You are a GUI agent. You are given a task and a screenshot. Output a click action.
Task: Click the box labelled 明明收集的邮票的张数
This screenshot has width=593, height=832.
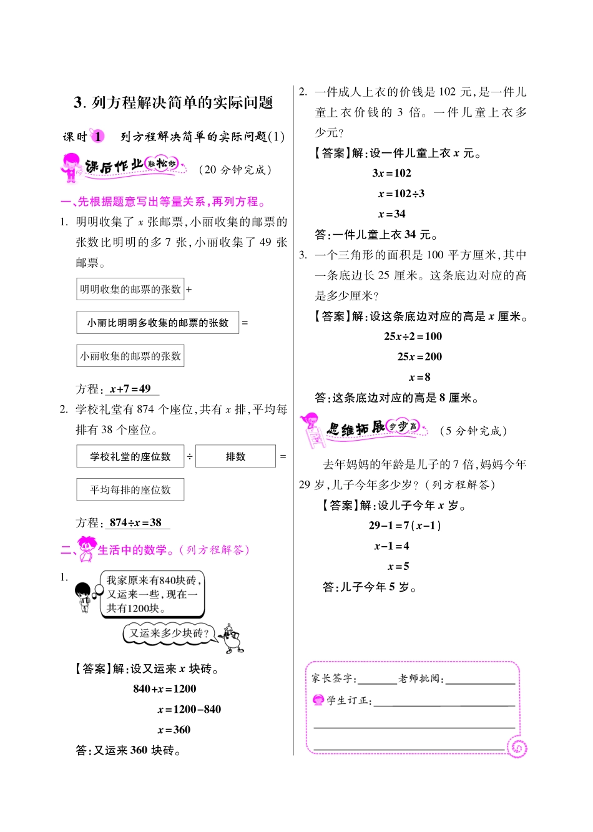(130, 290)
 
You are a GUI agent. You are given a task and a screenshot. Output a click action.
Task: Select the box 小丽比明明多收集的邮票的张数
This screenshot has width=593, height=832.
(157, 323)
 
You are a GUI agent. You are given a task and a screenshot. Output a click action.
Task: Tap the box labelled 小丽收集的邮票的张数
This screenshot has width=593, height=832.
(130, 356)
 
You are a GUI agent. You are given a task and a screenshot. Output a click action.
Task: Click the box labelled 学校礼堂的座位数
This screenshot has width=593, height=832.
(130, 456)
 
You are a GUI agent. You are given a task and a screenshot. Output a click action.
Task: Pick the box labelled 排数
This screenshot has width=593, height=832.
(235, 456)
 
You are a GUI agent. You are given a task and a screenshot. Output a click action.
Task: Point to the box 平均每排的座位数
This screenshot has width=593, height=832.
(130, 490)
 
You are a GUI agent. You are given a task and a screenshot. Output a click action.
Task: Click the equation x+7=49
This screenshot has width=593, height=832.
(130, 389)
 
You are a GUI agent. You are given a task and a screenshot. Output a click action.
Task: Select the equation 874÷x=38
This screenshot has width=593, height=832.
(135, 523)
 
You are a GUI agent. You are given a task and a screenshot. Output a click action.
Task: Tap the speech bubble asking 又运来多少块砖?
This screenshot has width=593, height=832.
(169, 634)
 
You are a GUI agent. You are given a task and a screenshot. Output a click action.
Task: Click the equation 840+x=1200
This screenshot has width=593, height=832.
(165, 689)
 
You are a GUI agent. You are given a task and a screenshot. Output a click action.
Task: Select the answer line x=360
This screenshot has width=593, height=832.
(174, 730)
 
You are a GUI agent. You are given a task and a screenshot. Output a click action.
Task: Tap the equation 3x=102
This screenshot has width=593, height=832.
(392, 174)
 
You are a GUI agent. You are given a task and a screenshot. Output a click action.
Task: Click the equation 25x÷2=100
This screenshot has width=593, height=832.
(413, 336)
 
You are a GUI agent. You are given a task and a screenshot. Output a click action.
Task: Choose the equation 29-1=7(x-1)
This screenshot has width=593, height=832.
(405, 526)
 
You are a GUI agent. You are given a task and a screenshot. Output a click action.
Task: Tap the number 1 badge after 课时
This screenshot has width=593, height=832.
(98, 136)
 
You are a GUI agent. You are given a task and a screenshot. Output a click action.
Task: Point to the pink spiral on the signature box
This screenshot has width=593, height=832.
(517, 747)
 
